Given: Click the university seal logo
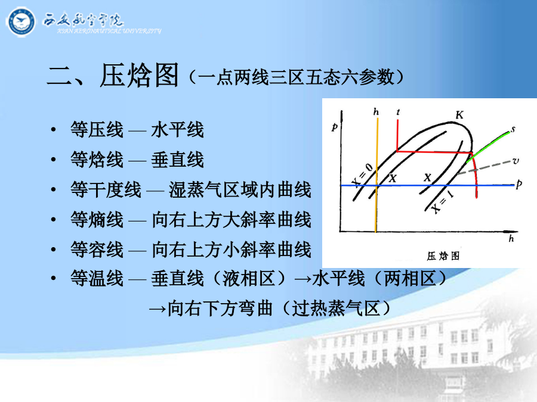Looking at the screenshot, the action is tap(20, 22).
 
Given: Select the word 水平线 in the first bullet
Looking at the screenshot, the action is tap(177, 130).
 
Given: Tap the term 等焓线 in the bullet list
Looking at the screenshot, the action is tap(97, 160).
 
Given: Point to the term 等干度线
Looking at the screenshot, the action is tap(106, 189).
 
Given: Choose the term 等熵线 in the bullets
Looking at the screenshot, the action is tap(97, 219).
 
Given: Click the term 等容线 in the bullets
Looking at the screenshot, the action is tap(97, 249).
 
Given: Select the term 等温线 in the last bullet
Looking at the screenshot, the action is tap(97, 278).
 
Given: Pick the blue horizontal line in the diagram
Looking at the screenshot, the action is tap(427, 186).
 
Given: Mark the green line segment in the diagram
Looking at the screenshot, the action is tap(488, 147).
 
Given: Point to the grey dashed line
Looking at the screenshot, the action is tap(484, 167).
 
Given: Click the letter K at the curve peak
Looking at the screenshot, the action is tap(459, 115).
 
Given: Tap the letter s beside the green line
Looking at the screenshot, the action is tap(513, 129).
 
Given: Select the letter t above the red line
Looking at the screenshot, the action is tap(398, 112).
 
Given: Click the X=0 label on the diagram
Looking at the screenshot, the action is tap(363, 174).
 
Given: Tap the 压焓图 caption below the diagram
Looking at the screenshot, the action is tap(443, 255).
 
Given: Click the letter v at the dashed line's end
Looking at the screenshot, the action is tap(516, 161).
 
